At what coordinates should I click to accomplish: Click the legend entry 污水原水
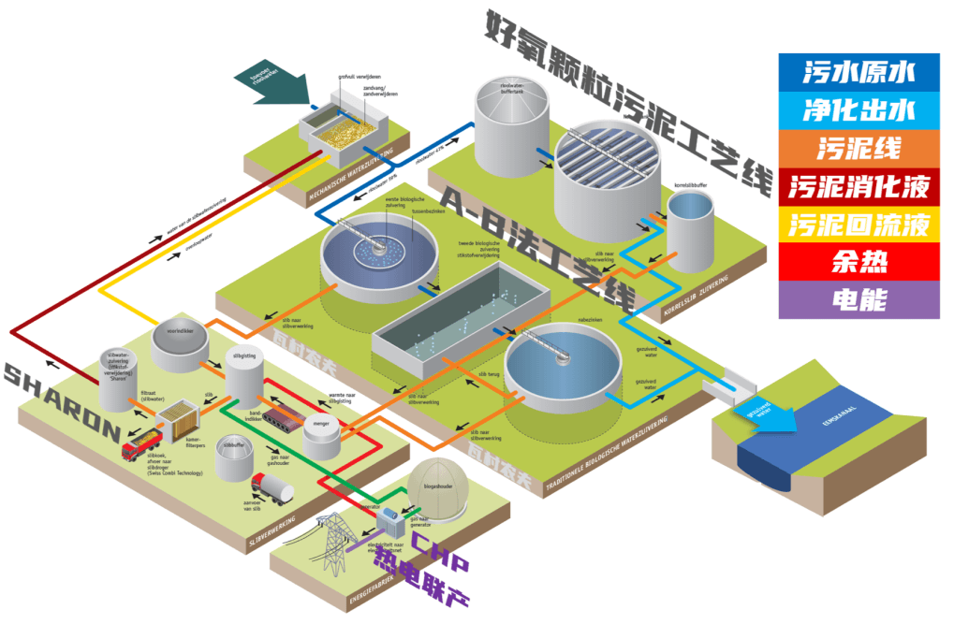click(859, 72)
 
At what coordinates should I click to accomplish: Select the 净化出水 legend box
click(859, 109)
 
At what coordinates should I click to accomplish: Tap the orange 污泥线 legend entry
click(859, 148)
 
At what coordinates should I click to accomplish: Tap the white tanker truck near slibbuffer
click(272, 488)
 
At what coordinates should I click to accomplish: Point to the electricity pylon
click(332, 543)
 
